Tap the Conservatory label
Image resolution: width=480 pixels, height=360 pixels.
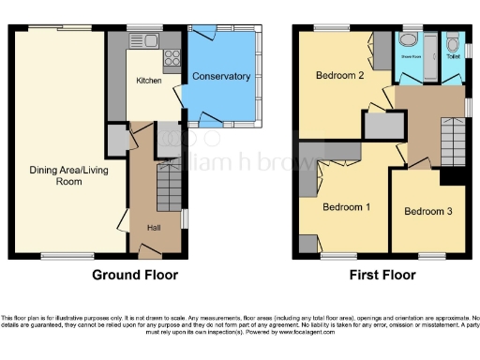pos(221,76)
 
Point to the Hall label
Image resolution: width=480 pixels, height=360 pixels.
pos(153,227)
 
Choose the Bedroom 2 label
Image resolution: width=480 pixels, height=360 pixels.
pos(338,75)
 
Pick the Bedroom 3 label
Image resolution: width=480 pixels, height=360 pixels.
pos(428,212)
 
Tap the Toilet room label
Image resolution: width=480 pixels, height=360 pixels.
pos(452,56)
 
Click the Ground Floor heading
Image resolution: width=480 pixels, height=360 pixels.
pos(134,276)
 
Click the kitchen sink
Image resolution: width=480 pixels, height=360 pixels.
pos(149,40)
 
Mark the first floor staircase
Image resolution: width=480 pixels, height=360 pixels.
pos(452,145)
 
